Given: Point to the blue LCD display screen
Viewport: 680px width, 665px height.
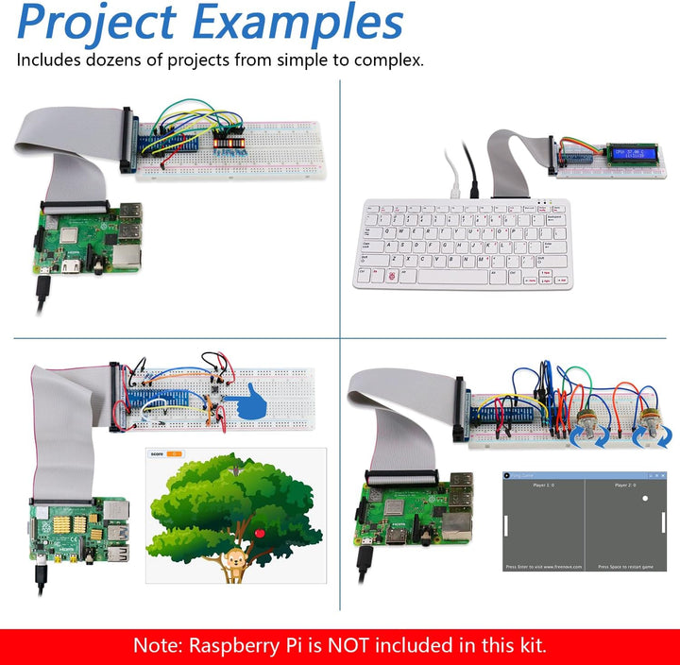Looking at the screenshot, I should click(632, 152).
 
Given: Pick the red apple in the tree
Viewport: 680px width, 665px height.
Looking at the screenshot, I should click(260, 535).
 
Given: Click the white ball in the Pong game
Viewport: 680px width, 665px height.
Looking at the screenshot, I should click(645, 498).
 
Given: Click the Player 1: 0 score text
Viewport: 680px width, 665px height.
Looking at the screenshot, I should click(545, 485).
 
